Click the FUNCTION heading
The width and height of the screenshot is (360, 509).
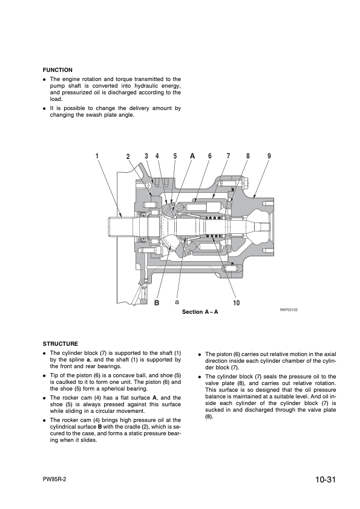57,70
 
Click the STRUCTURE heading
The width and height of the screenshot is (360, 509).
61,344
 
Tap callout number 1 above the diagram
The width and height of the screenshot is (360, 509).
97,156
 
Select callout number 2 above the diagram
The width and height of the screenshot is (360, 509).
128,157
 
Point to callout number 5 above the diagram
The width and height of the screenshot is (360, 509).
175,156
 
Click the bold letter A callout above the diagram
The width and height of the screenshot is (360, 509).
192,156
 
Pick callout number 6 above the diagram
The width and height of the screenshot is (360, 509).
210,156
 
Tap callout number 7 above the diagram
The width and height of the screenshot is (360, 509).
228,156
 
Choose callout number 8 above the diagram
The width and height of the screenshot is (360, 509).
248,156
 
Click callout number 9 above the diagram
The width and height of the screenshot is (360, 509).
269,156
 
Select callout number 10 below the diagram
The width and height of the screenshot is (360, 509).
237,303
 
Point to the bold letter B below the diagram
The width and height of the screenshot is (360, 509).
157,303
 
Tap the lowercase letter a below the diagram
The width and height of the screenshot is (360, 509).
177,302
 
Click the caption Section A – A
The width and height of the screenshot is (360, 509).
200,312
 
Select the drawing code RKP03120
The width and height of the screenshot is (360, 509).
289,310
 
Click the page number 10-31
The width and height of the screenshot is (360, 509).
325,479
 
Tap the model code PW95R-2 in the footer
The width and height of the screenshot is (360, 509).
54,480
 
